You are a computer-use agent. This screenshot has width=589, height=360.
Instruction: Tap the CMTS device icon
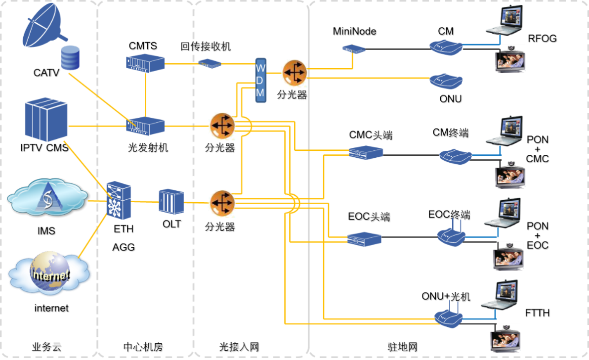point(145,63)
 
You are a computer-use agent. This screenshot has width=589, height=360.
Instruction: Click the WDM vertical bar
point(260,80)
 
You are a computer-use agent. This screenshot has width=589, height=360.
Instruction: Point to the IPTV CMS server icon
point(45,120)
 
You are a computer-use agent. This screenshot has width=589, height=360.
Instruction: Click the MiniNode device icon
point(354,49)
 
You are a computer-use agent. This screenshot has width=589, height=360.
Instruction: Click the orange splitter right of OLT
point(221,203)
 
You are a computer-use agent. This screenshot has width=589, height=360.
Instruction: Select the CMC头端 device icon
point(366,153)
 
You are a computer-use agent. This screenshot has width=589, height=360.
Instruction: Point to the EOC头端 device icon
point(364,239)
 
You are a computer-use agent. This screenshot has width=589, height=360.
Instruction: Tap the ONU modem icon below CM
point(446,81)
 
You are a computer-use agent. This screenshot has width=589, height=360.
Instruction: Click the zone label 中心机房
point(143,348)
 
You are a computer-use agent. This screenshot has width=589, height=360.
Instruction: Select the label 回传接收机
point(206,47)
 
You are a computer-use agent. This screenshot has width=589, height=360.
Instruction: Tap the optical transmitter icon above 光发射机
point(145,126)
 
